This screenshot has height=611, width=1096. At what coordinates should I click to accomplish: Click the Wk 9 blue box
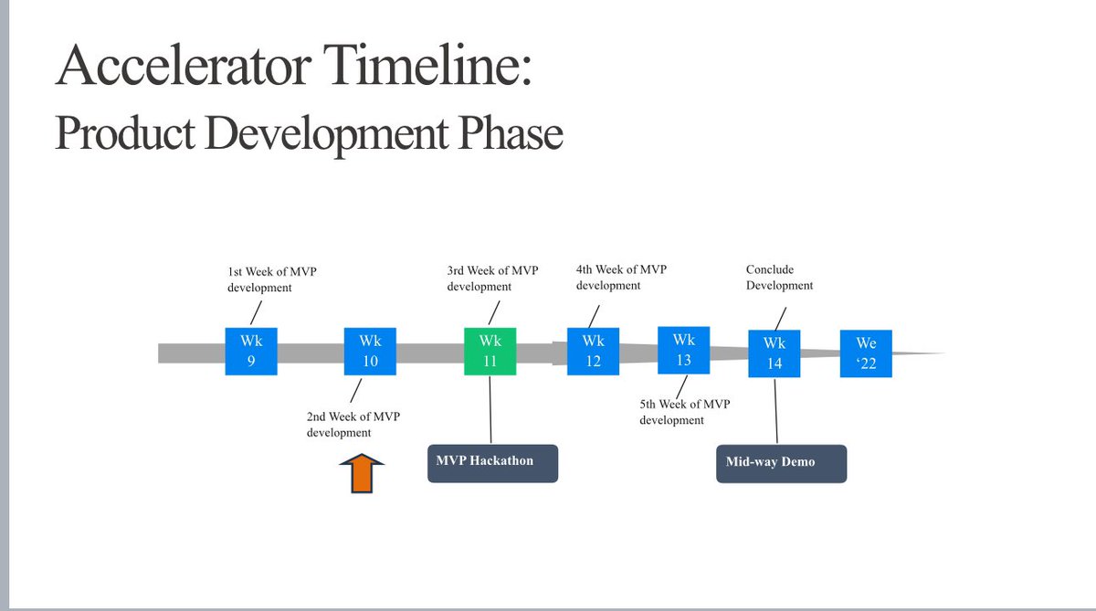[251, 351]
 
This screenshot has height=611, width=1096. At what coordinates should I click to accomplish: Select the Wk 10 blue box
[370, 351]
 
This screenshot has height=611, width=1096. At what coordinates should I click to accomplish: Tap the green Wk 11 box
[490, 351]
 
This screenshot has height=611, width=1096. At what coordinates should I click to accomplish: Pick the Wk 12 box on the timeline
[593, 351]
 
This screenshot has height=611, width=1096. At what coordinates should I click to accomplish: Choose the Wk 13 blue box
[683, 349]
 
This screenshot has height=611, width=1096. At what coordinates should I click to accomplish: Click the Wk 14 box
[775, 353]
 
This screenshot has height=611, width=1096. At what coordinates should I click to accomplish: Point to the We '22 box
[866, 353]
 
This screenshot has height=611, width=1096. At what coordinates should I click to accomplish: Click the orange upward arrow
[362, 475]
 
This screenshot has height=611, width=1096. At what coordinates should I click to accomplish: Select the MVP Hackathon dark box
[492, 463]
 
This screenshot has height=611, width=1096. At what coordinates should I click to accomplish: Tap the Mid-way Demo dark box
[781, 463]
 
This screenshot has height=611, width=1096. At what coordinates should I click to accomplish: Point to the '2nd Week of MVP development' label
[353, 424]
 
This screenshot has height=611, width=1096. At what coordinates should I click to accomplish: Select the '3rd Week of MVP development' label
[492, 279]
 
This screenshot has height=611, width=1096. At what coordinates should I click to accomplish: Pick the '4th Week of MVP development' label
[621, 278]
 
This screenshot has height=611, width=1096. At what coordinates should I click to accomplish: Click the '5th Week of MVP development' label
[684, 412]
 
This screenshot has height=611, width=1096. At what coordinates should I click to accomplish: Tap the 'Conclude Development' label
[779, 278]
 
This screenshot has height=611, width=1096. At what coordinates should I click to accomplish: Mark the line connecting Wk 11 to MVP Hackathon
[491, 408]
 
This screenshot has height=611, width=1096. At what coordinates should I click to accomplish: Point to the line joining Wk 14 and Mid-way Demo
[776, 411]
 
